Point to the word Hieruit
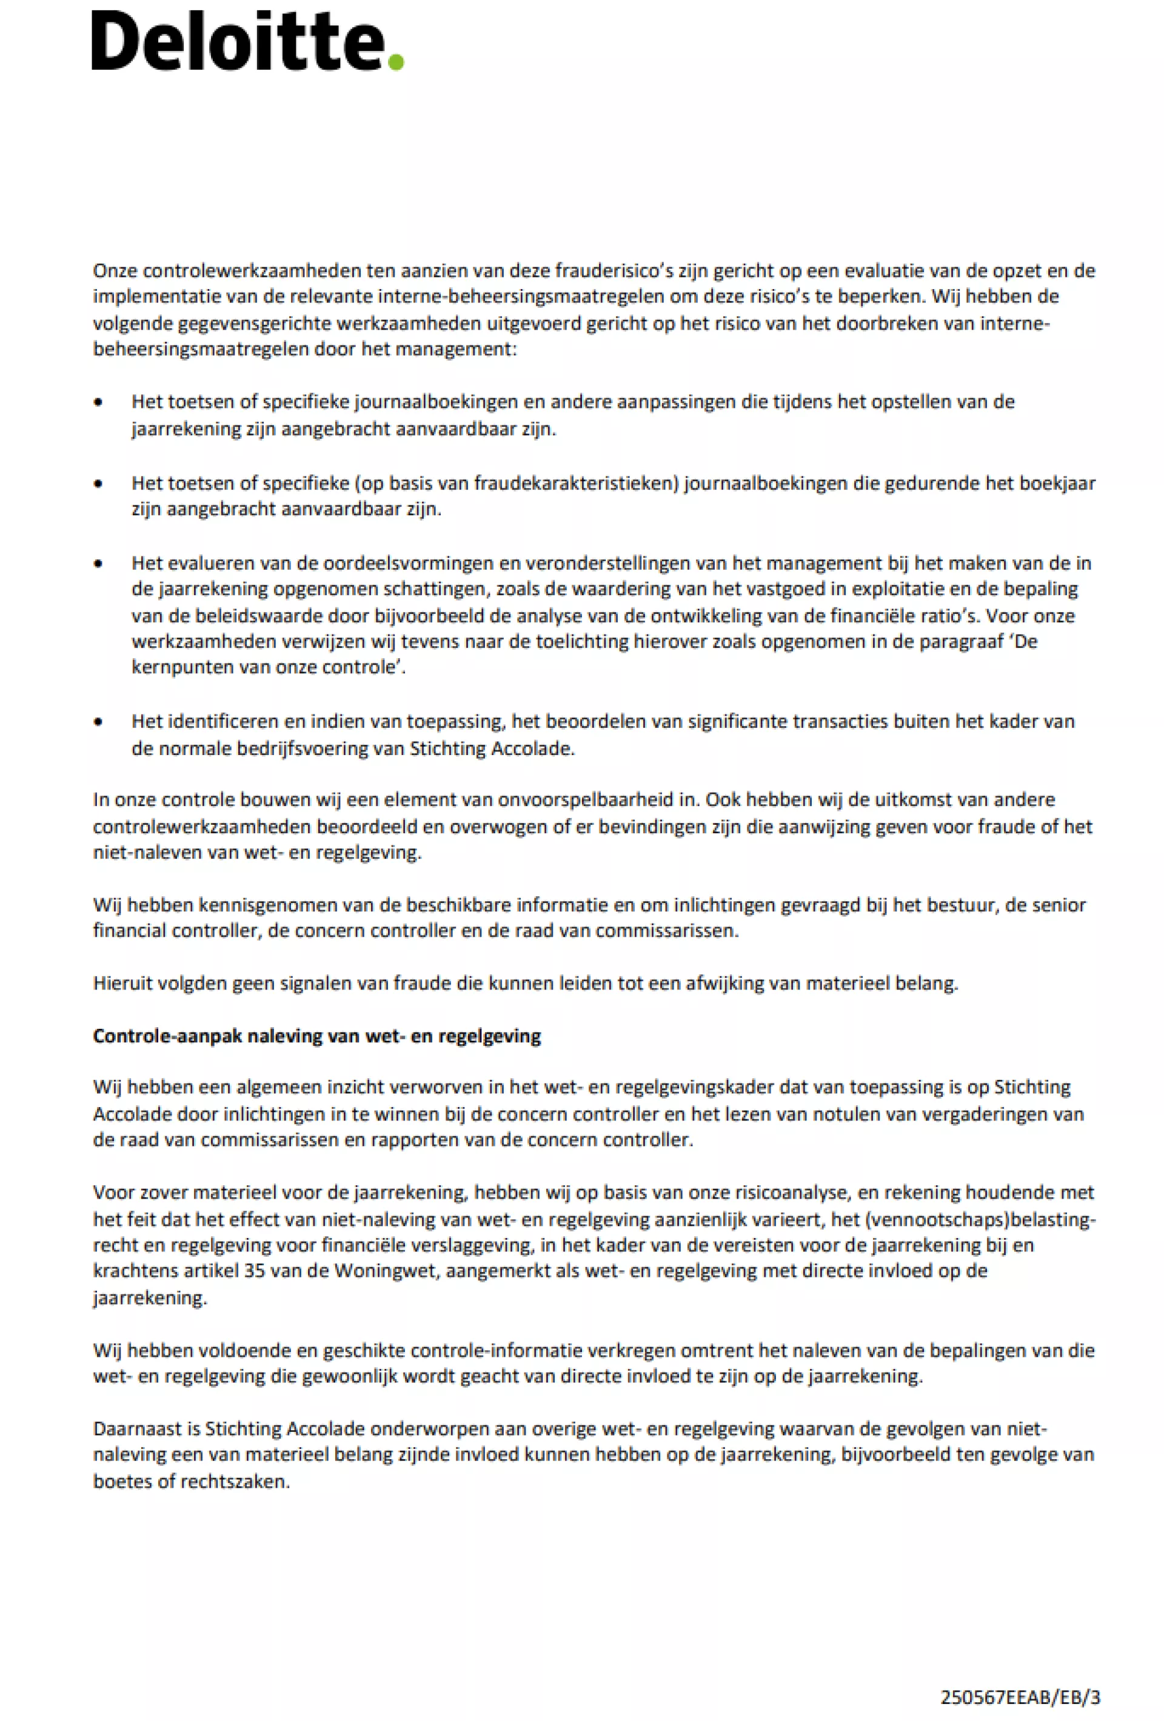[119, 983]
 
